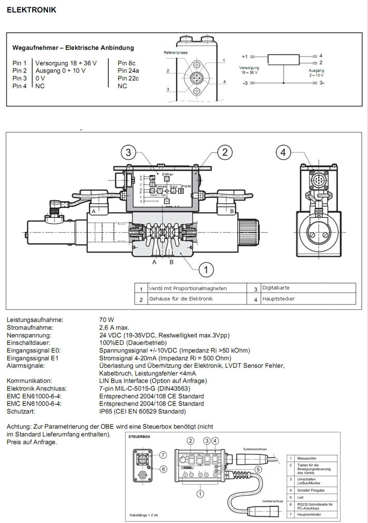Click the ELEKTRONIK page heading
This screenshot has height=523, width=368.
click(x=32, y=10)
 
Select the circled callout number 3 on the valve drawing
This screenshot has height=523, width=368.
click(x=129, y=153)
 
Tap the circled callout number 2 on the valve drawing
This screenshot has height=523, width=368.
click(x=224, y=153)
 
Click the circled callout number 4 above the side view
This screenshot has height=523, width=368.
click(x=283, y=153)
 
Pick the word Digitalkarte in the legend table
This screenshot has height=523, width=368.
click(x=276, y=288)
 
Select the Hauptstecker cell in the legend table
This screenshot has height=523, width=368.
click(x=278, y=299)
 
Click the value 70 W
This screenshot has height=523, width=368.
click(x=107, y=320)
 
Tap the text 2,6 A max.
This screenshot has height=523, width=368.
click(x=114, y=327)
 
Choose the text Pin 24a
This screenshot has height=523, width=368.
click(x=128, y=71)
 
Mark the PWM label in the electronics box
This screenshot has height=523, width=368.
click(x=186, y=187)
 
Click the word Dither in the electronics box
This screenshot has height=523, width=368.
click(x=168, y=174)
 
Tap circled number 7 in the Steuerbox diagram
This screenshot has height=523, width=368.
click(x=163, y=454)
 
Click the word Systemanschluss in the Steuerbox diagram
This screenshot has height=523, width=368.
click(x=257, y=449)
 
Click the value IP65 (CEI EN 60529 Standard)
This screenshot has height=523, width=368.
click(x=142, y=411)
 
